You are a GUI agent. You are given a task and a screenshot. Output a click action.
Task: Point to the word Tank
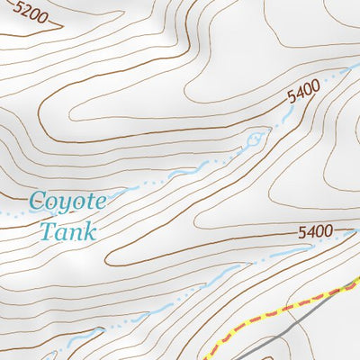(67, 230)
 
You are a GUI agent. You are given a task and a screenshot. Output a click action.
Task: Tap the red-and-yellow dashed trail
(270, 314)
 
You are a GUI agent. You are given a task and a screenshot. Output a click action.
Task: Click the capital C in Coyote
(36, 200)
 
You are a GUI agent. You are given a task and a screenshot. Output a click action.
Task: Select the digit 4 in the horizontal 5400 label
(308, 233)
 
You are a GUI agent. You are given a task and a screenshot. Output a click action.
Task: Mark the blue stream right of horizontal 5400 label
(346, 232)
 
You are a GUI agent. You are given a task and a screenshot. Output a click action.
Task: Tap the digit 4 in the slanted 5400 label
(298, 95)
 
